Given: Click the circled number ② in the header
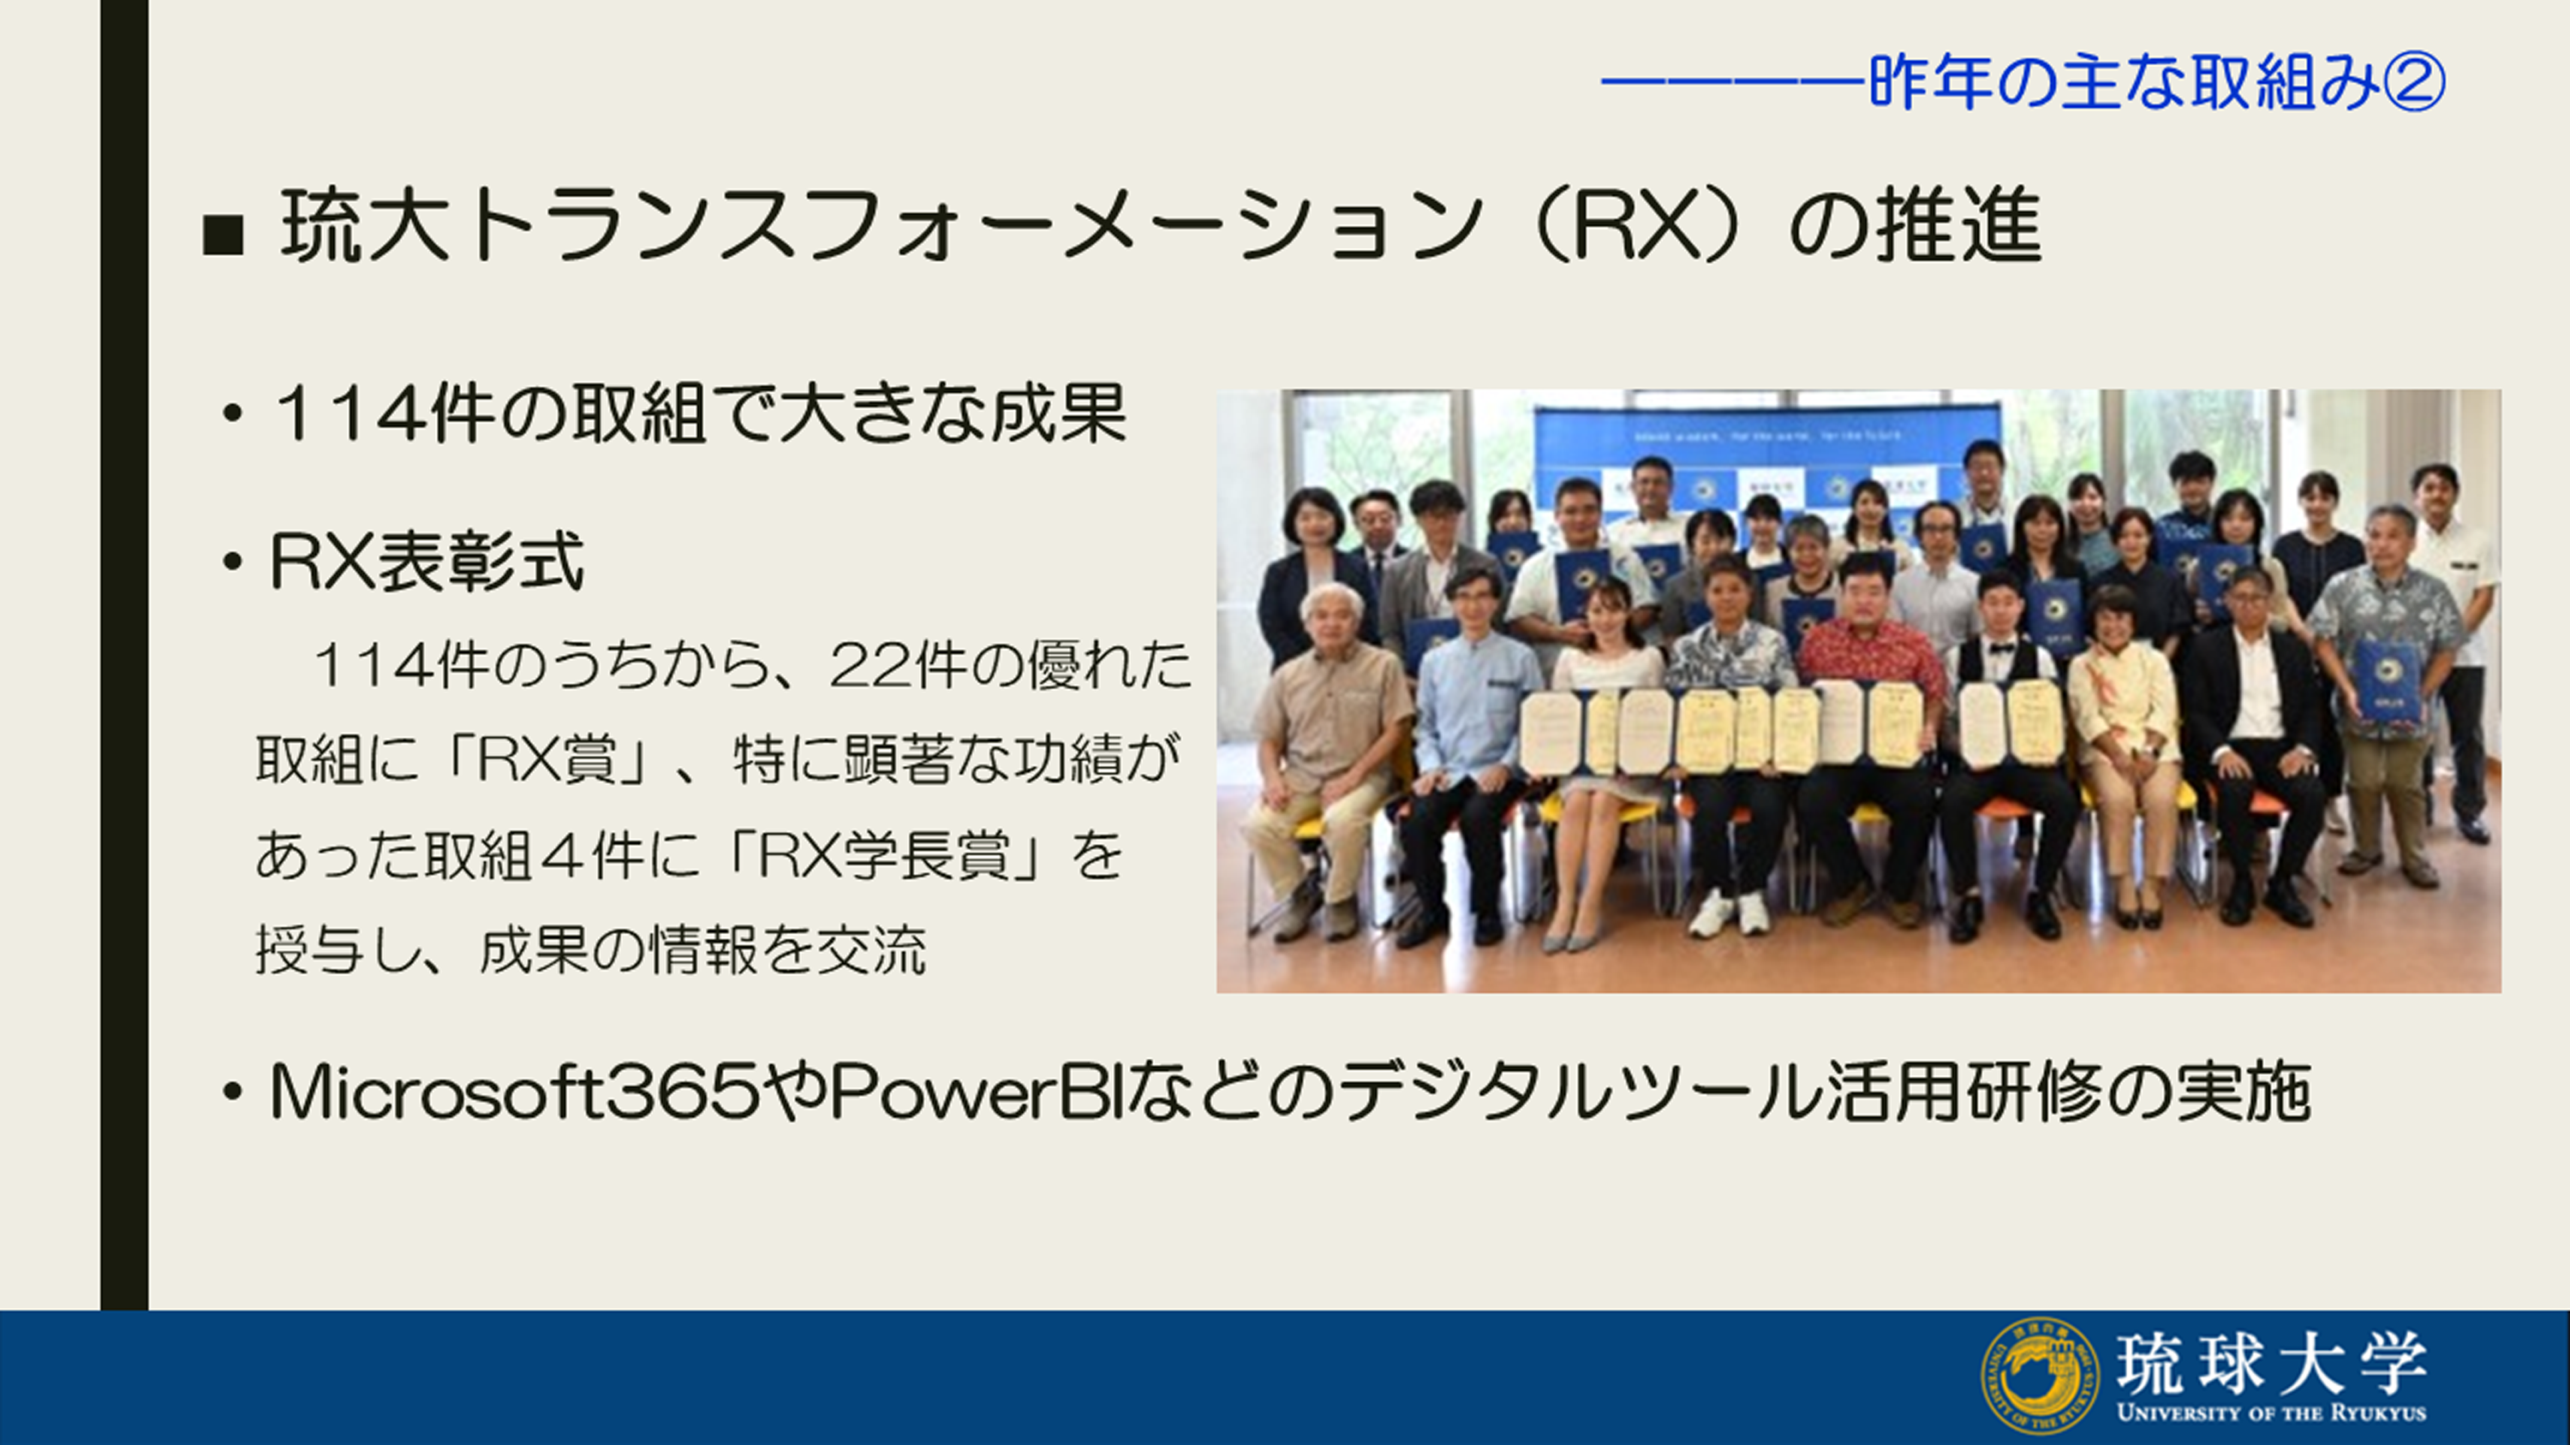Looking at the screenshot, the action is [2414, 83].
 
